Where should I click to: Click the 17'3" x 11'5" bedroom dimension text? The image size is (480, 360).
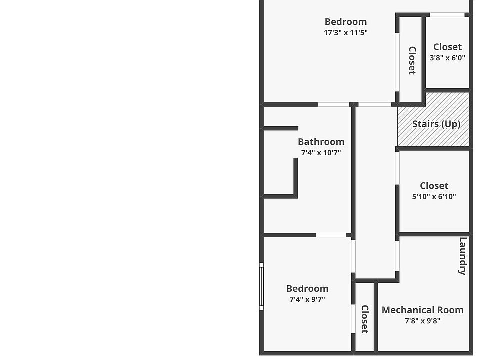point(346,33)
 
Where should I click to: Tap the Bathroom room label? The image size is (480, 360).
point(321,142)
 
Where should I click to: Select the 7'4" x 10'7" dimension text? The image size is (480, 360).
point(321,153)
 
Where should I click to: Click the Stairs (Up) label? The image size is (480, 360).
point(436,124)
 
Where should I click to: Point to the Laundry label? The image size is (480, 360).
point(463,256)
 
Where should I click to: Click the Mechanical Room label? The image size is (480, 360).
point(422,310)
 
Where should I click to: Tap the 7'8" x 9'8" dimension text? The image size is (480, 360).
point(422,321)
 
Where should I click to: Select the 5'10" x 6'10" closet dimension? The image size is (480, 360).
point(434,197)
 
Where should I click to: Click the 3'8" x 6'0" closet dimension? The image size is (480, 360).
point(447,58)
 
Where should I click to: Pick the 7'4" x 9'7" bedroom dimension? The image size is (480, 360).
point(307,300)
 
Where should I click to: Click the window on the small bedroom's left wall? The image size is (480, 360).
point(261,287)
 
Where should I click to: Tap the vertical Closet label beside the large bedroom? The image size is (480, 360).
point(412,60)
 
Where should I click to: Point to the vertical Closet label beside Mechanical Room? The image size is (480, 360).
point(365,319)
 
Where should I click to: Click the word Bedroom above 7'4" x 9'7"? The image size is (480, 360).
point(307,289)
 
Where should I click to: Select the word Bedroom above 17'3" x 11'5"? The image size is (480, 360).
point(346,22)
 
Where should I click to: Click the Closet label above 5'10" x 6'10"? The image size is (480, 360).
point(434,186)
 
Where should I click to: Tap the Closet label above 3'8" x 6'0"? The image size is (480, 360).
point(447,47)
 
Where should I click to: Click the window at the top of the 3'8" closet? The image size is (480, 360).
point(447,15)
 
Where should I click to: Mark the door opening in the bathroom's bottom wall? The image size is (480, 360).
point(331,235)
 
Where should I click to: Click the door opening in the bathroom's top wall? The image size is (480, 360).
point(333,104)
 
